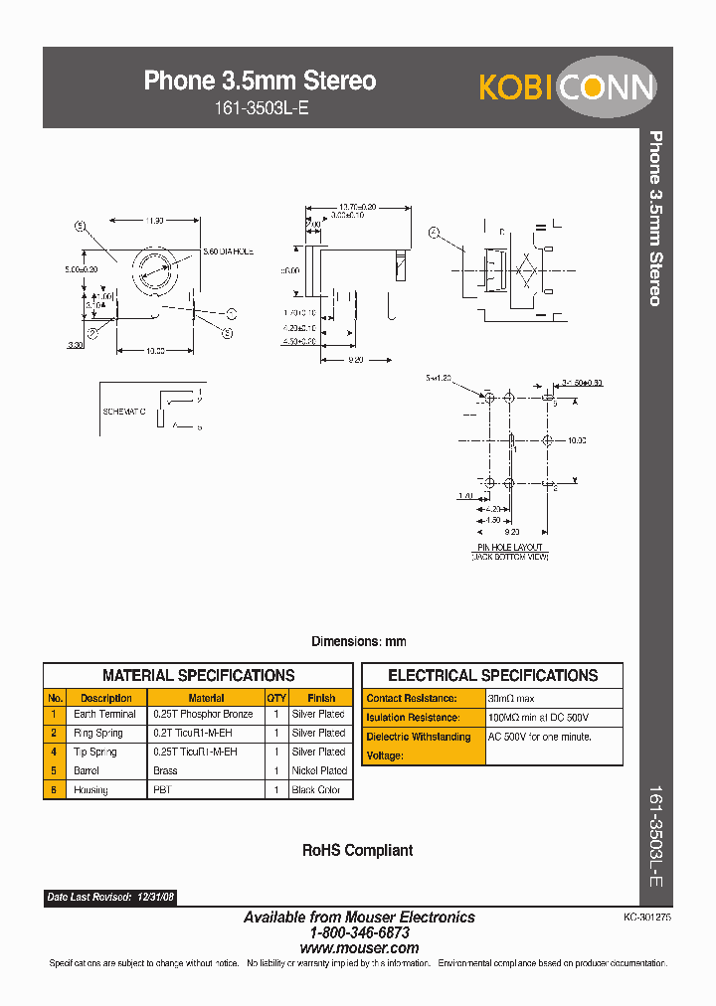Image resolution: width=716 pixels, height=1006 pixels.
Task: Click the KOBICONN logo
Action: (x=566, y=86)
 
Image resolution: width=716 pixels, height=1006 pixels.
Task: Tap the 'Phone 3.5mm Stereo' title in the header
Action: (x=260, y=81)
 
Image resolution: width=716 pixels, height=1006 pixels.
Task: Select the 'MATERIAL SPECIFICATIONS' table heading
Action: (x=198, y=675)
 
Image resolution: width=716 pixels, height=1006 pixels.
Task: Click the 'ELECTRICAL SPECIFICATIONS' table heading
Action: (x=492, y=675)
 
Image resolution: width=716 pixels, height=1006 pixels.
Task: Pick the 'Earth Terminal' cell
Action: (x=104, y=715)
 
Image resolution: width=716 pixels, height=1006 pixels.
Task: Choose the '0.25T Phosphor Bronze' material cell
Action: (x=203, y=715)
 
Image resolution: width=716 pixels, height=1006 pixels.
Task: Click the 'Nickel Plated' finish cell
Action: (x=319, y=770)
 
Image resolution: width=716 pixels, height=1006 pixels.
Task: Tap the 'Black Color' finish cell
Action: (x=316, y=790)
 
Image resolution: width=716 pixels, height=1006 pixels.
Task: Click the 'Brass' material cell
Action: (x=165, y=770)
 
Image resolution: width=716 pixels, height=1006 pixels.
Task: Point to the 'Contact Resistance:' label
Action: (x=412, y=699)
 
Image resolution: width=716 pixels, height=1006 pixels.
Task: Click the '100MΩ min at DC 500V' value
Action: (x=539, y=718)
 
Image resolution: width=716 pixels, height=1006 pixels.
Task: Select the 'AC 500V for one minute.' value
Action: (x=540, y=737)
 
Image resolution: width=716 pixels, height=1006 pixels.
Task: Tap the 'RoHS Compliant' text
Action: (x=357, y=851)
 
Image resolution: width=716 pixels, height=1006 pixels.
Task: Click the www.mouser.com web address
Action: (x=359, y=948)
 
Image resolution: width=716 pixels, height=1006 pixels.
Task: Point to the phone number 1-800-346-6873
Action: (x=359, y=933)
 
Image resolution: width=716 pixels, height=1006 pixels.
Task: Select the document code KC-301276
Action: (x=647, y=919)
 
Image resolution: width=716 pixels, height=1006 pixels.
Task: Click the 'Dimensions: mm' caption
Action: (x=358, y=642)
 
